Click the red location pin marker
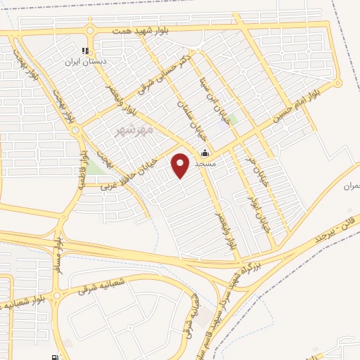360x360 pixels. point(181,165)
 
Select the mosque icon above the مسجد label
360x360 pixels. point(205,153)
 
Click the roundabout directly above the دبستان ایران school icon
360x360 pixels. point(90,30)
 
